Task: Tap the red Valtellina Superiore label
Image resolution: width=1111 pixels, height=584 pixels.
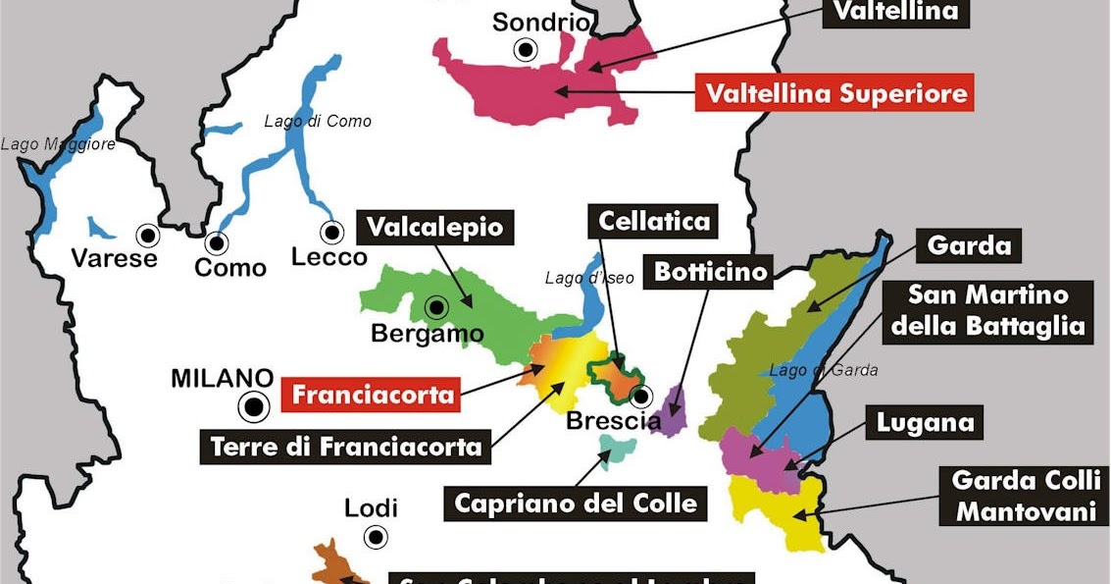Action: (x=835, y=93)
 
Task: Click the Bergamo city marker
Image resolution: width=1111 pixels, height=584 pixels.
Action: (x=433, y=307)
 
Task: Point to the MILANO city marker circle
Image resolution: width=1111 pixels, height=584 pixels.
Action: (x=255, y=405)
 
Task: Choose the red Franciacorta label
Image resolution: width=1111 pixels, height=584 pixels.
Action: (x=374, y=396)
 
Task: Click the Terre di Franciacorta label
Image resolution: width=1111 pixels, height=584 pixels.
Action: (x=347, y=447)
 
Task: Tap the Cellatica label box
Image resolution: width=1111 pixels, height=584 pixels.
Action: (x=654, y=221)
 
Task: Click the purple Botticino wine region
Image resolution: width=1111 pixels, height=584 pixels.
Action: (x=674, y=410)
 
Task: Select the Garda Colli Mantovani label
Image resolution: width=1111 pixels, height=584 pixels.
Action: (x=1024, y=497)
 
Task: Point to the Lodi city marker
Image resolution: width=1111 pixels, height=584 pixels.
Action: (x=375, y=537)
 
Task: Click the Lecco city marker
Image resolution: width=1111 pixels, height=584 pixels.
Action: (x=331, y=233)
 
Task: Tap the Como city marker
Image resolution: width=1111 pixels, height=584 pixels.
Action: (x=215, y=241)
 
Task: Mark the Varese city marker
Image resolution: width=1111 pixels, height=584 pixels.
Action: (x=148, y=235)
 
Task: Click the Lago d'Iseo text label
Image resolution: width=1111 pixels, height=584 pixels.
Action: (x=589, y=278)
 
